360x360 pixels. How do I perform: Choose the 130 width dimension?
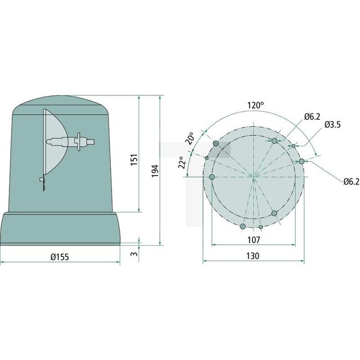[253, 256]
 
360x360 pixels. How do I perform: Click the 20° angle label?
[190, 138]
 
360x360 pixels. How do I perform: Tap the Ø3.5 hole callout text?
[332, 125]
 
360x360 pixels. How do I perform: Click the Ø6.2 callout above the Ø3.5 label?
[312, 116]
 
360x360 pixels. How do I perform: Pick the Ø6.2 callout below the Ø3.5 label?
[351, 181]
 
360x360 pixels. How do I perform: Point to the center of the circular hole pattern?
[254, 177]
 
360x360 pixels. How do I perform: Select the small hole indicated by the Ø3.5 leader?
[294, 146]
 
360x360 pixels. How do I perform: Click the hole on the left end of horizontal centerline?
[212, 177]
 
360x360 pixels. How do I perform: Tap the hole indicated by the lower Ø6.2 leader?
[301, 161]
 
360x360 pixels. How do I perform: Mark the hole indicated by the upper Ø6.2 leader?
[274, 141]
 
